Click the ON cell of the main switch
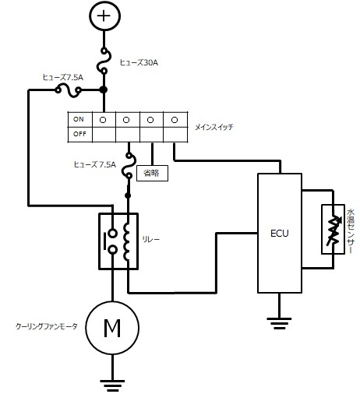[x=78, y=120]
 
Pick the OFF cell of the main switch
[x=78, y=133]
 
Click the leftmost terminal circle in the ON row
[x=104, y=120]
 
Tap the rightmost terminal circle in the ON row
[x=175, y=120]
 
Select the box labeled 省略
[x=152, y=173]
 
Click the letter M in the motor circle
[x=113, y=327]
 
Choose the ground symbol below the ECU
[x=279, y=320]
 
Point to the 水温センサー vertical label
[x=351, y=229]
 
